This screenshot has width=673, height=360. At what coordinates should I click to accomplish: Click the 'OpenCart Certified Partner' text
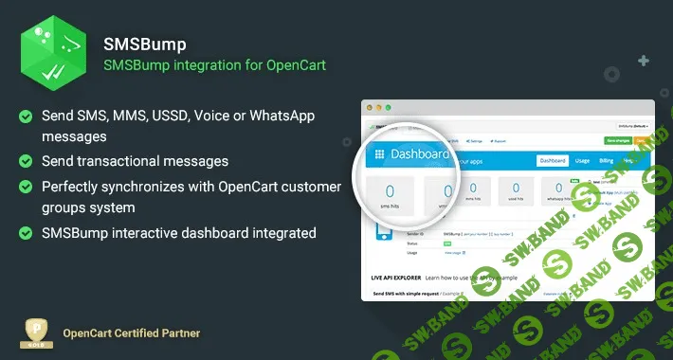click(131, 333)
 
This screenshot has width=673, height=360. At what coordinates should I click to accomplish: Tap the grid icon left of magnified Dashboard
click(380, 153)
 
